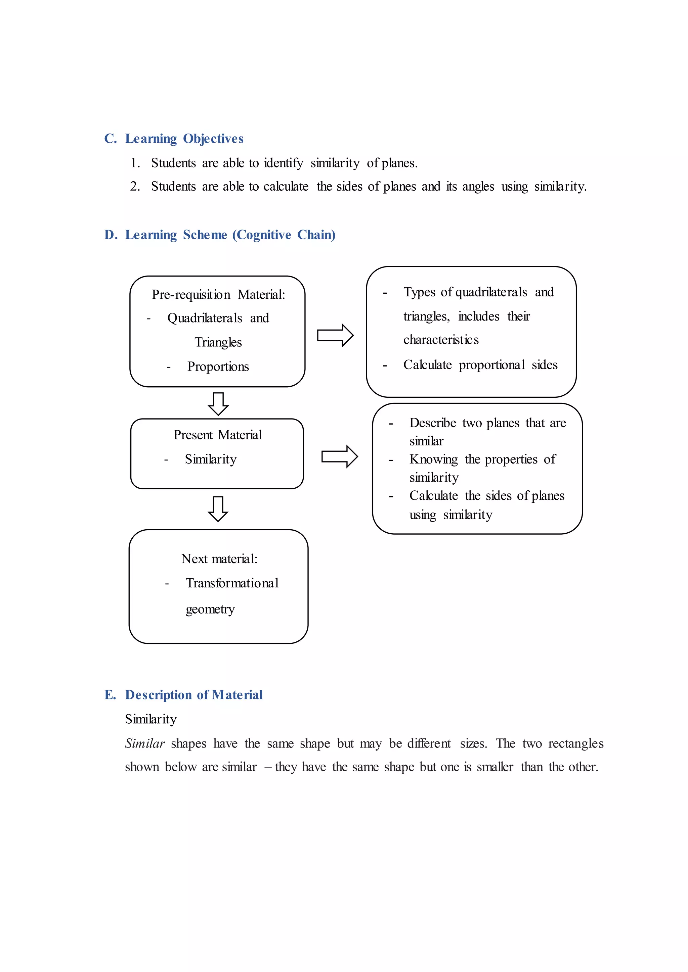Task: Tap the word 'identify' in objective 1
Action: coord(284,163)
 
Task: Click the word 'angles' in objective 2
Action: coord(478,187)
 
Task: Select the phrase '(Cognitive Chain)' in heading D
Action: coord(284,235)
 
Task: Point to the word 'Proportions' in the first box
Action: coord(218,367)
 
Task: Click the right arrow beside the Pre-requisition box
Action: coord(335,336)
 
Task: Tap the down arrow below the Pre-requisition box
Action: coord(218,403)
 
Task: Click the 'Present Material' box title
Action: coord(217,435)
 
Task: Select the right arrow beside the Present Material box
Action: coord(339,456)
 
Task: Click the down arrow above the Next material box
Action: coord(218,508)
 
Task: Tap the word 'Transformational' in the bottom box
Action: coord(232,583)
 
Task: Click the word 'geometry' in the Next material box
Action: coord(210,609)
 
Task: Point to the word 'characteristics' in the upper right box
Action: coord(441,340)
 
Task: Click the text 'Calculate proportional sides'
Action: coord(480,365)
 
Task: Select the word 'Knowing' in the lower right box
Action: coord(433,459)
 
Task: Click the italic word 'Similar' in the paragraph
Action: coord(144,743)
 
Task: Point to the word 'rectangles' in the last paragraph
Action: coord(576,743)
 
